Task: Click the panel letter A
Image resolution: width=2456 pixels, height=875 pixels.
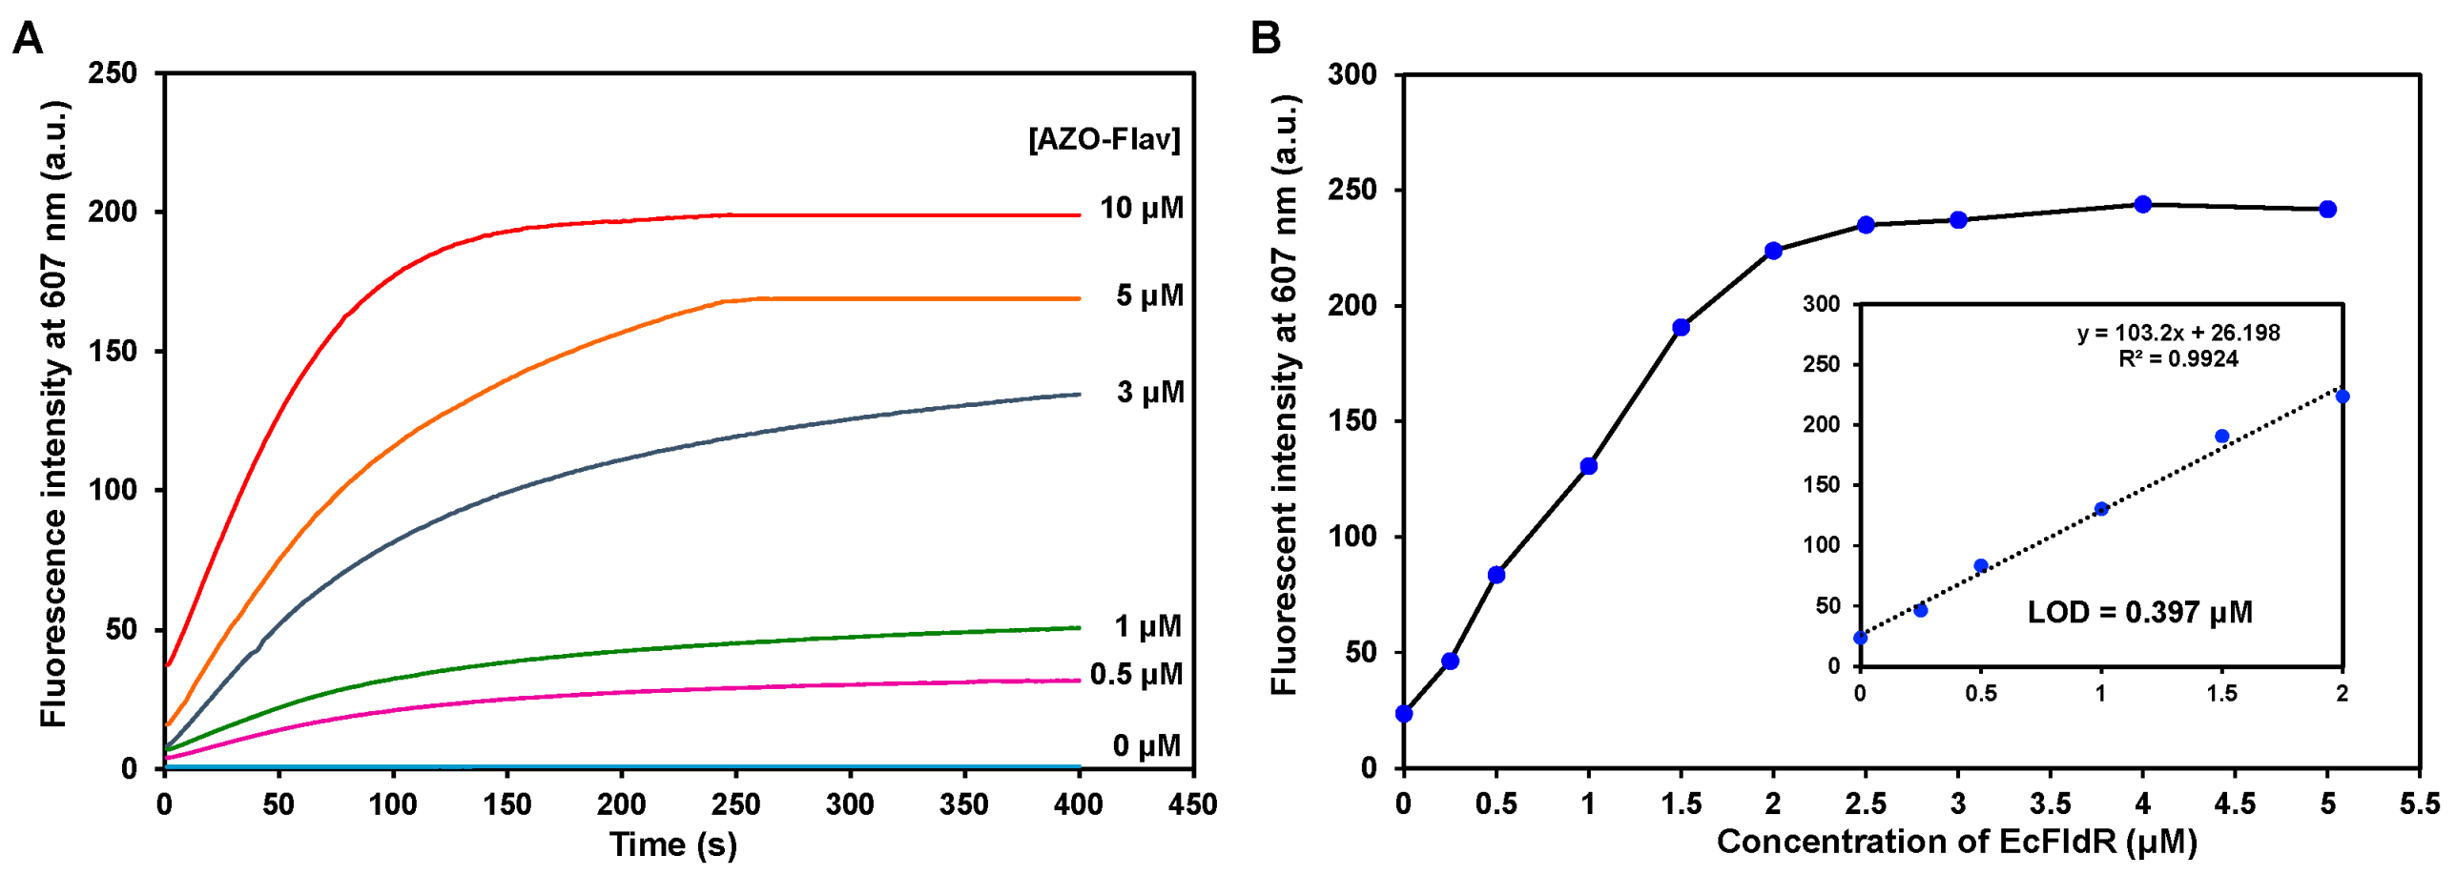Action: point(28,40)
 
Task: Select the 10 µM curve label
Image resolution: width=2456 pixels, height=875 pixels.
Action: point(1141,208)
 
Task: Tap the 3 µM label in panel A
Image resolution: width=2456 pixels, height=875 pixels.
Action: point(1150,392)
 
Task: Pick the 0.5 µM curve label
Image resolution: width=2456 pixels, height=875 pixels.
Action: point(1136,674)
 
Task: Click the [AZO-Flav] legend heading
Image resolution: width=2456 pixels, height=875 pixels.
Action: point(1104,139)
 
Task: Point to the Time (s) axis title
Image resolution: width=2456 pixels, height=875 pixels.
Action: point(673,844)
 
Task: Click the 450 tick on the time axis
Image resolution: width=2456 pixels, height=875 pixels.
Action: point(1192,804)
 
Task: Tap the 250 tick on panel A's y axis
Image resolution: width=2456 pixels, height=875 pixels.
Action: point(113,73)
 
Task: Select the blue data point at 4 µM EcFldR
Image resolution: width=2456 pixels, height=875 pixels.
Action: point(2142,204)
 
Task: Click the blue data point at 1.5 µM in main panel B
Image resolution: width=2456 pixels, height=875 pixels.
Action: point(1681,327)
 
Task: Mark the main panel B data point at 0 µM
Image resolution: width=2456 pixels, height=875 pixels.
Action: point(1403,713)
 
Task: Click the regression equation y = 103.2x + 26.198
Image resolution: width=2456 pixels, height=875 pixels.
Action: point(2178,333)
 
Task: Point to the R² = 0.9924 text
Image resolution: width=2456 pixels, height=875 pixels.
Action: point(2178,358)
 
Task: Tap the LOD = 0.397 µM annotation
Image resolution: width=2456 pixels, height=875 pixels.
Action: point(2139,612)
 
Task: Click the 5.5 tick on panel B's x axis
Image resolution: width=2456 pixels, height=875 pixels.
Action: point(2420,804)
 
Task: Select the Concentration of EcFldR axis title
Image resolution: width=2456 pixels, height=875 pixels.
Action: point(1956,841)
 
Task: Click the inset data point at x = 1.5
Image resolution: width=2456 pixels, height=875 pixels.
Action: point(2221,437)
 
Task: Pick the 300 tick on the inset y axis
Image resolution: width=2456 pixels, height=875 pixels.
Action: point(1821,304)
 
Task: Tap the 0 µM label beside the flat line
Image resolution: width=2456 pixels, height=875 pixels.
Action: point(1146,745)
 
